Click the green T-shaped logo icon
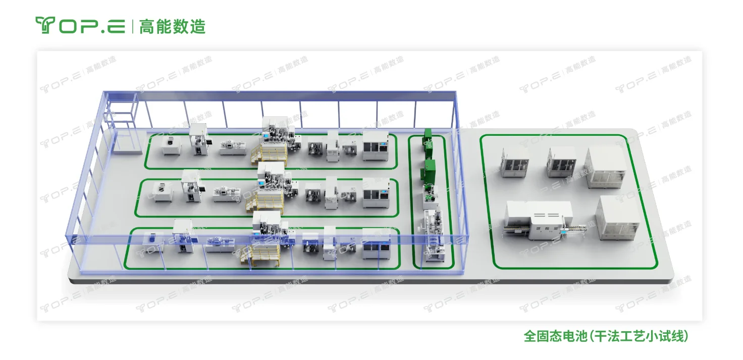pos(45,25)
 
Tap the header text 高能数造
pos(173,26)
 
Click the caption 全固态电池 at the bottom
pos(555,336)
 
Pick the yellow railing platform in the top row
pos(269,155)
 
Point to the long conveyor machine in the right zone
pos(539,221)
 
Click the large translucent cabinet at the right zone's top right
pos(606,168)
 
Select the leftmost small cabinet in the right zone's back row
pos(514,163)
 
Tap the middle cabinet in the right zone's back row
pos(561,162)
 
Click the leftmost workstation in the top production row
pos(172,146)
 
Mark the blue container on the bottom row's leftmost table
pos(152,237)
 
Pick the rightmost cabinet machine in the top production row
pos(376,146)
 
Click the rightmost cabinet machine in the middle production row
pos(376,193)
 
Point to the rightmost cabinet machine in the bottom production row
pos(376,244)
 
